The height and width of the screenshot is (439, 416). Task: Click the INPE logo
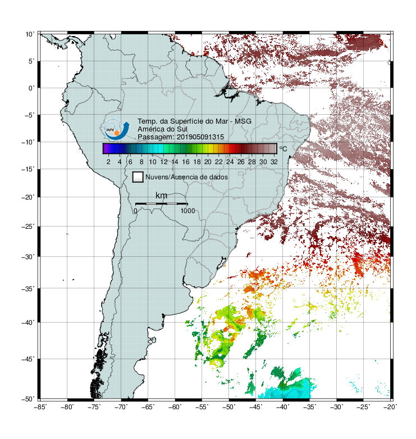coord(117,129)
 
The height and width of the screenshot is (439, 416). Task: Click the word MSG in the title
coord(243,121)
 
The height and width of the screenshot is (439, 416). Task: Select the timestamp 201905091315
coord(200,137)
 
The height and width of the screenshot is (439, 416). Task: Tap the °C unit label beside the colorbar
coord(283,148)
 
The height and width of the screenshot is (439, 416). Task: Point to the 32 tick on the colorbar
coord(274,162)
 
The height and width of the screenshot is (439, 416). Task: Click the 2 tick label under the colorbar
coord(108,162)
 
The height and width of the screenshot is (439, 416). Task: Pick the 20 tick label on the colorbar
coord(208,162)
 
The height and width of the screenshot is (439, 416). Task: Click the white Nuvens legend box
coord(138,177)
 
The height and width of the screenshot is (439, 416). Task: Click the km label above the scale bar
coord(161,195)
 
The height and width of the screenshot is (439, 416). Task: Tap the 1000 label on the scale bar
coord(188,211)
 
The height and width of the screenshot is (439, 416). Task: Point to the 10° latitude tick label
coord(30,34)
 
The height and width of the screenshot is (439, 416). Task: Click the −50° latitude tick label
coord(28,399)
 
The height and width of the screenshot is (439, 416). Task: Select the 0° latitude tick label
coord(31,88)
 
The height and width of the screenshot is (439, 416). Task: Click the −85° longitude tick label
coord(40,407)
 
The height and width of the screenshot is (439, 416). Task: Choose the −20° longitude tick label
coord(390,407)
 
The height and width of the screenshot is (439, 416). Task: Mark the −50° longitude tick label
coord(228,407)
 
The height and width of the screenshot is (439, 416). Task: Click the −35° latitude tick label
coord(28,288)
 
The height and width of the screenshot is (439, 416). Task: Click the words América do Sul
coord(162,129)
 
